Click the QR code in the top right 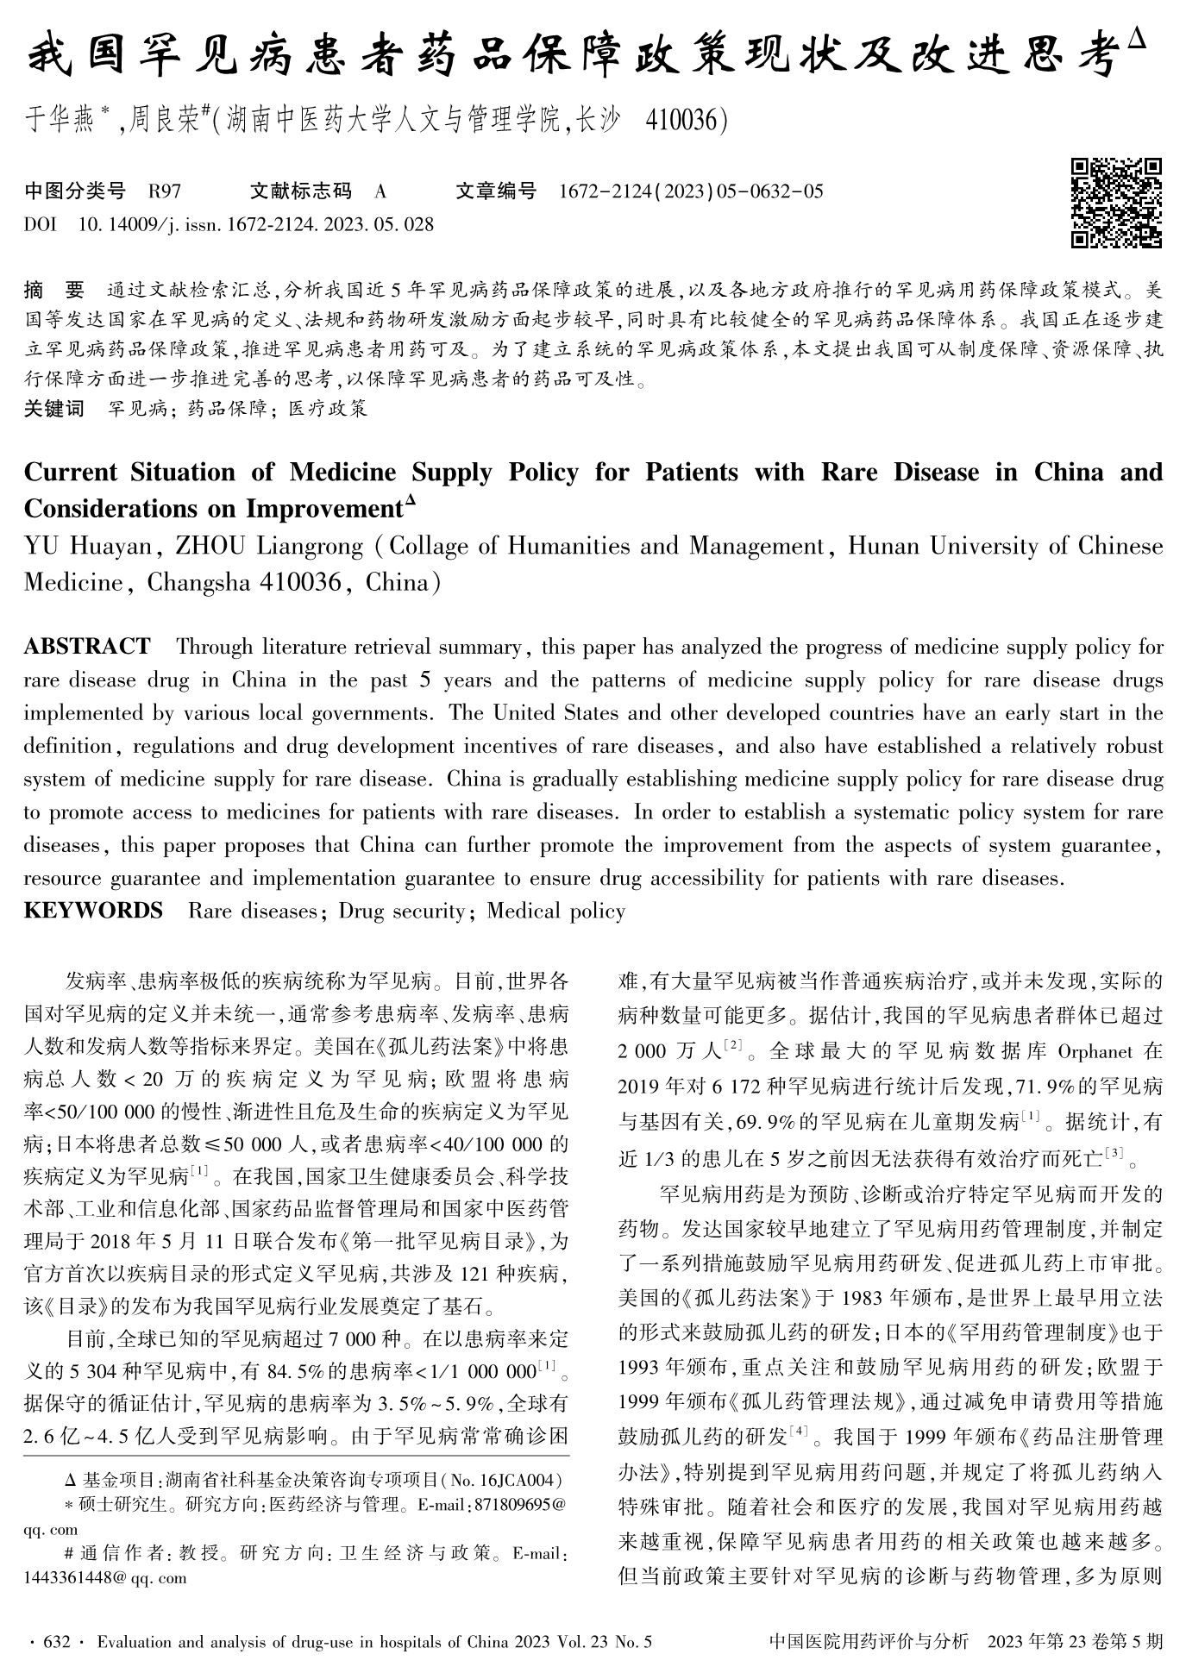(1115, 204)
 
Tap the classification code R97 (165, 191)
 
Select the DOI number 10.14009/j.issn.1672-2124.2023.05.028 (255, 225)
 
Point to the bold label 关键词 (54, 408)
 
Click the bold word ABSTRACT (87, 647)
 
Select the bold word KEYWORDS (93, 911)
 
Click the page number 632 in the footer (54, 1642)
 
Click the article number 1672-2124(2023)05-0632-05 (691, 191)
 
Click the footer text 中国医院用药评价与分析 (868, 1642)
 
